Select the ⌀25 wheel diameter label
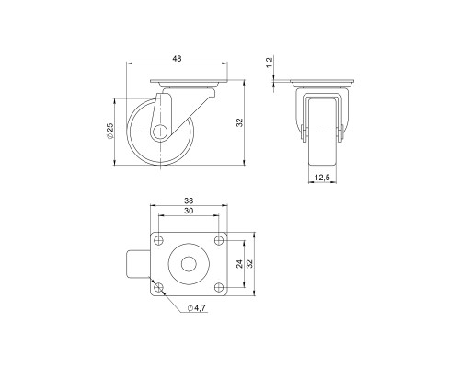pyautogui.click(x=110, y=132)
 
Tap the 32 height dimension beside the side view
pyautogui.click(x=240, y=122)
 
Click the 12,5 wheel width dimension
pyautogui.click(x=322, y=178)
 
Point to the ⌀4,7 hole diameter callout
pyautogui.click(x=195, y=306)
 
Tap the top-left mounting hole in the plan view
pyautogui.click(x=160, y=242)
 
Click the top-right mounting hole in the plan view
pyautogui.click(x=218, y=242)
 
